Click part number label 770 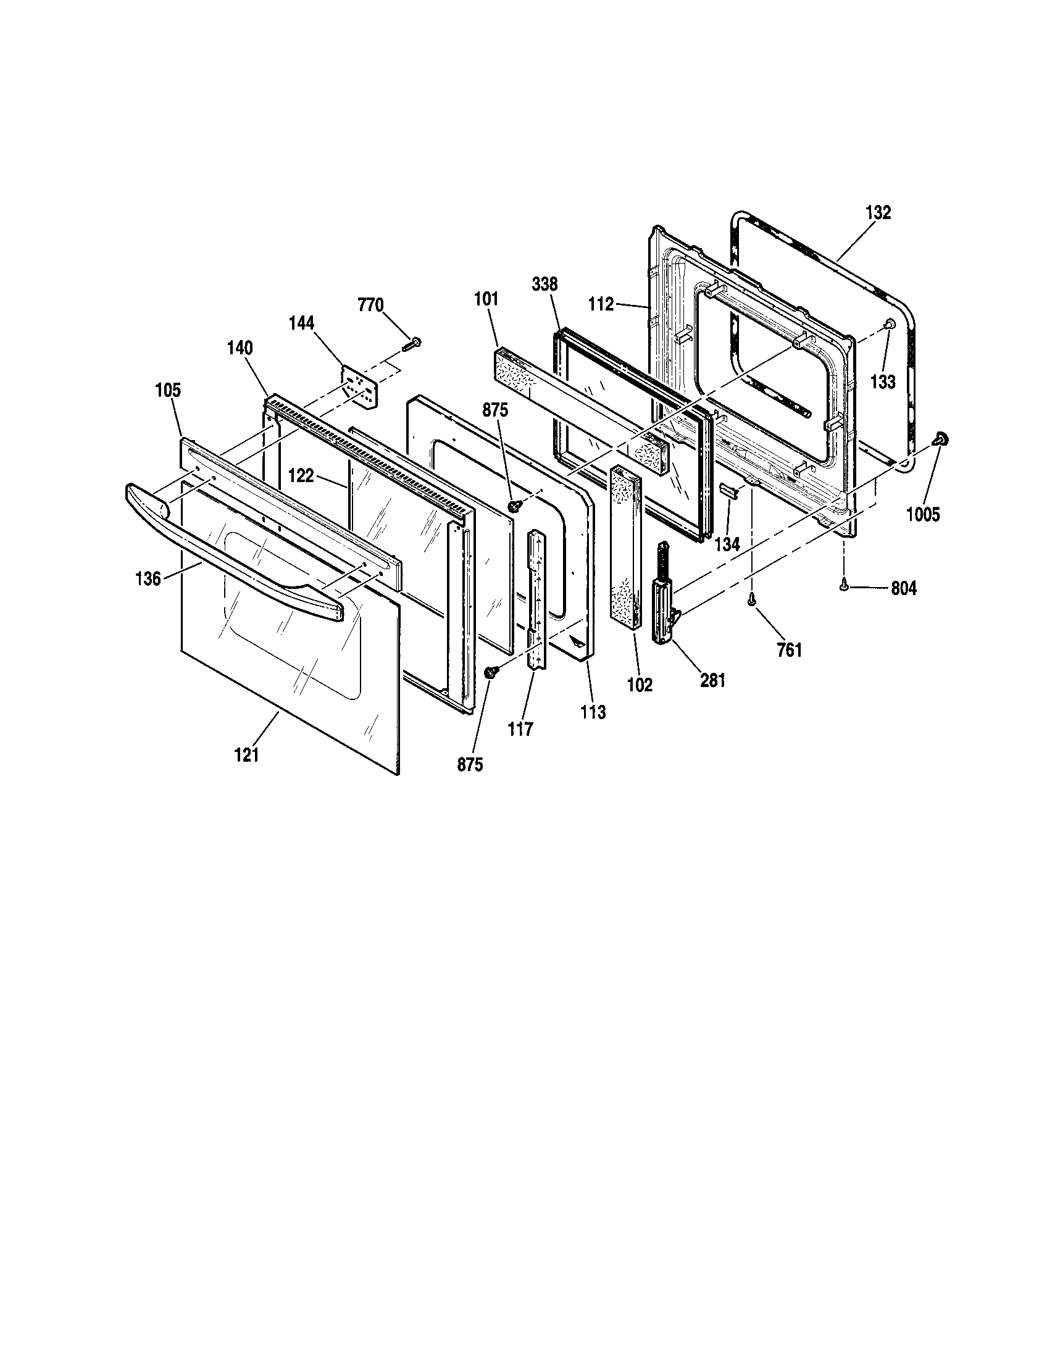click(x=370, y=306)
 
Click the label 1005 click(x=924, y=514)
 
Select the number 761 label click(x=789, y=651)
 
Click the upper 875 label click(x=496, y=410)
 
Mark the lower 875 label click(x=470, y=765)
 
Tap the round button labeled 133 click(x=889, y=324)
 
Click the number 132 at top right click(x=878, y=213)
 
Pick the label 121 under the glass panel click(x=246, y=756)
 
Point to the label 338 click(x=544, y=285)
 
